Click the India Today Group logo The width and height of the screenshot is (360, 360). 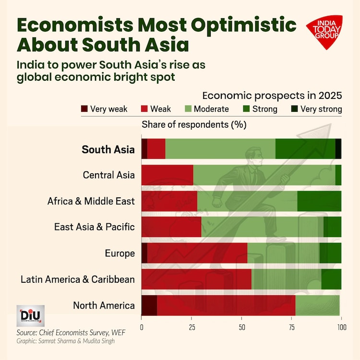[x=324, y=32]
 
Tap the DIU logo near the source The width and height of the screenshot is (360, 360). [x=31, y=315]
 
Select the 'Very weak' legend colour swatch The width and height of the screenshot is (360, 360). [x=85, y=109]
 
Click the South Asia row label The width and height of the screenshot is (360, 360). [x=108, y=149]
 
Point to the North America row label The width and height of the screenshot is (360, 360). [x=104, y=305]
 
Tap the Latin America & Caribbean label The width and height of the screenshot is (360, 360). [x=78, y=279]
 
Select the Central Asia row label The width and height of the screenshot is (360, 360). [x=108, y=175]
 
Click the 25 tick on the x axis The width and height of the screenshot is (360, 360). [x=191, y=327]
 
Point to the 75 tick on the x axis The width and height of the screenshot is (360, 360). [x=291, y=327]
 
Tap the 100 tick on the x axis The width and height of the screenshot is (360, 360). [x=341, y=327]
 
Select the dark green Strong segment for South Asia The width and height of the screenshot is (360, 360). [x=305, y=149]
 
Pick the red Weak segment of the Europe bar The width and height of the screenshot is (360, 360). [x=197, y=253]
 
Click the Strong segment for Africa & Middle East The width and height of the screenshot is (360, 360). [x=319, y=201]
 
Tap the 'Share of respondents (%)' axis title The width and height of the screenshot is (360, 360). [x=194, y=125]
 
